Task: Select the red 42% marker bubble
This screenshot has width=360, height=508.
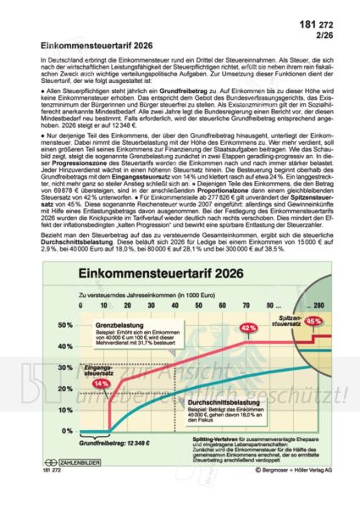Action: [x=248, y=327]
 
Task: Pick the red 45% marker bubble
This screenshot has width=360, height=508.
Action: [x=313, y=321]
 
